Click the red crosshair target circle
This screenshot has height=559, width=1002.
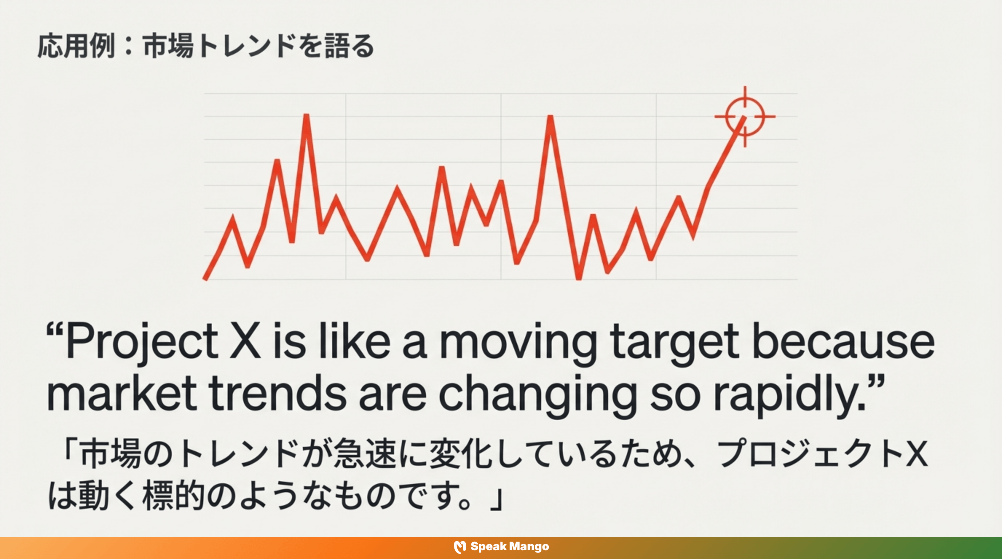[x=745, y=116]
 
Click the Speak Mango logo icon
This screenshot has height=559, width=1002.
[x=460, y=547]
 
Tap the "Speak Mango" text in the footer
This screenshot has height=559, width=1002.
[x=510, y=547]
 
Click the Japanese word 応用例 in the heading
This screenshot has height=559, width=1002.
[x=76, y=46]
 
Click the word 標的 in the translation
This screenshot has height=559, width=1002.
[x=173, y=496]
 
